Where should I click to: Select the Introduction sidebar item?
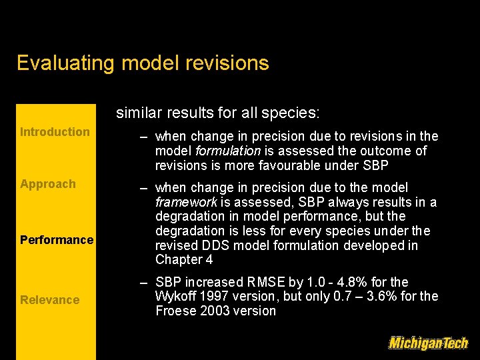tap(55, 132)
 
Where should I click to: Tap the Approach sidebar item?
tap(48, 184)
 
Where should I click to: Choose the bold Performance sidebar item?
tap(57, 240)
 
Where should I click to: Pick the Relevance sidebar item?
tap(49, 300)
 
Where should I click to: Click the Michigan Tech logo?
tap(428, 343)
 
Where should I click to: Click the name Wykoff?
tap(176, 296)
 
